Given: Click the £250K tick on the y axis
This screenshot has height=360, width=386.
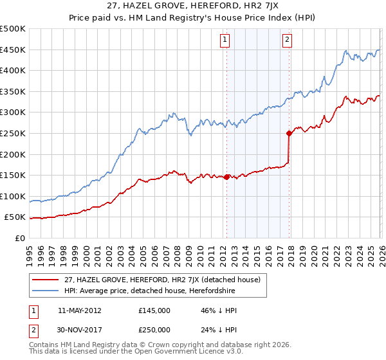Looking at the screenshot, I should click(x=13, y=133).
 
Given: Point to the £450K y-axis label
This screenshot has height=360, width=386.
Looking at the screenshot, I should click(x=13, y=50).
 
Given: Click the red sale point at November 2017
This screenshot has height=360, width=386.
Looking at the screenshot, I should click(x=289, y=133).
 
